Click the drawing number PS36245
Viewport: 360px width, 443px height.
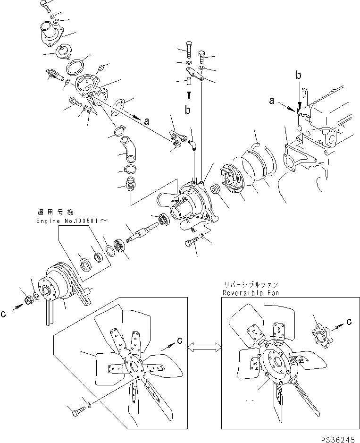coord(337,439)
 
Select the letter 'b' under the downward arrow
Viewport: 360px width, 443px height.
coord(188,111)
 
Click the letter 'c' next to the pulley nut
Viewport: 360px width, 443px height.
coord(4,313)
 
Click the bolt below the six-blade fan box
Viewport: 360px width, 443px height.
coord(76,412)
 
